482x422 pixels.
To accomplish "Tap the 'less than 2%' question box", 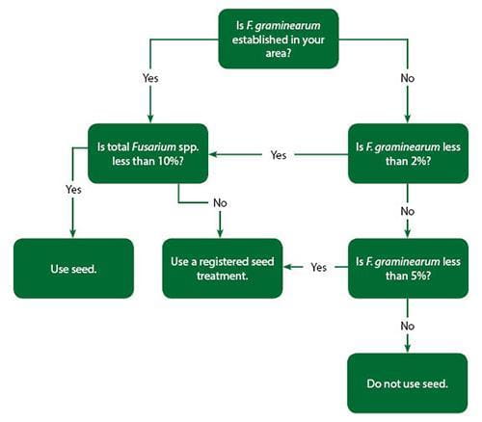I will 408,152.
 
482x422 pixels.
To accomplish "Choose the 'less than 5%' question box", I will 408,267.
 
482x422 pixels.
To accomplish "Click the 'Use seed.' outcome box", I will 72,268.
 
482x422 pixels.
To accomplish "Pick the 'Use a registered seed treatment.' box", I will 222,268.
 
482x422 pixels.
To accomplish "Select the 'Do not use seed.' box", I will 408,383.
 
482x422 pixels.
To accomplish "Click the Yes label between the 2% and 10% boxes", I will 279,154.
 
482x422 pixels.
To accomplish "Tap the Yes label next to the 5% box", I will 319,268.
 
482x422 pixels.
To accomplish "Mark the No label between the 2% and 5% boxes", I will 408,210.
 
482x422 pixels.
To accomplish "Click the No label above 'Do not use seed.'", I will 408,326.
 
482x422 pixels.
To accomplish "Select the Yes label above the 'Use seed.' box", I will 74,190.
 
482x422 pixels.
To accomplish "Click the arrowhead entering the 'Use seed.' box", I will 73,233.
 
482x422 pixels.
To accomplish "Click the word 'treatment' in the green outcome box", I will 222,276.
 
